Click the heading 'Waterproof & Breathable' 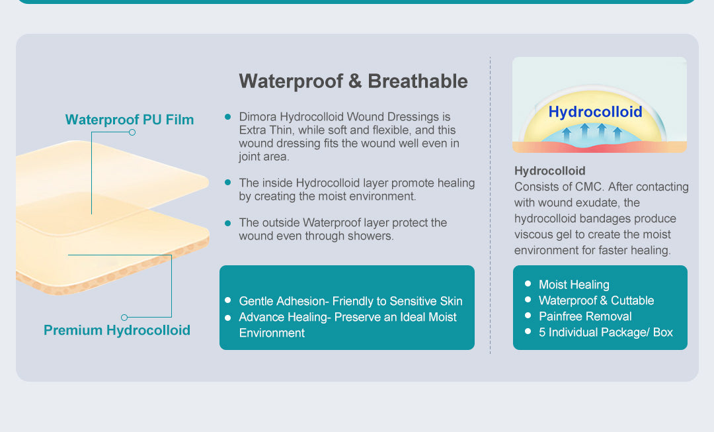tap(353, 81)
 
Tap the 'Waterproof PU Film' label tap(130, 120)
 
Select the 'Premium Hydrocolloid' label tap(117, 330)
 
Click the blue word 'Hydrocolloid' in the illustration tap(595, 112)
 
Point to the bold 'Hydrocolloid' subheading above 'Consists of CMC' tap(550, 171)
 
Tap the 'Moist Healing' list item tap(574, 284)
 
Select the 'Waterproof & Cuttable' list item tap(596, 300)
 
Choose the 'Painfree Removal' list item tap(585, 316)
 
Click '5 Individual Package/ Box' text tap(606, 332)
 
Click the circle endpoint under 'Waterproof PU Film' tap(132, 132)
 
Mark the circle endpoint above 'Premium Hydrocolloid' tap(124, 318)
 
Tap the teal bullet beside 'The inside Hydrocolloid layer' tap(227, 182)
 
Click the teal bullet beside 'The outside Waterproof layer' tap(227, 223)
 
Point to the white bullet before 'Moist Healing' tap(528, 284)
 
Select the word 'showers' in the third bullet tap(374, 236)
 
